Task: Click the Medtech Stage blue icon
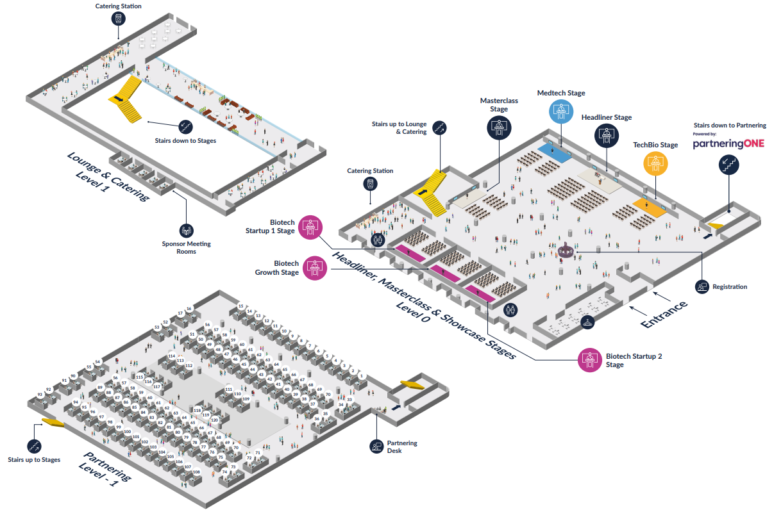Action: coord(561,111)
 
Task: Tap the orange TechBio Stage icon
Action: coord(656,163)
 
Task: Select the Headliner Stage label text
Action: coord(606,117)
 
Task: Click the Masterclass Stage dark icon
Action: coord(499,126)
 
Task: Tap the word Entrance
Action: coord(665,313)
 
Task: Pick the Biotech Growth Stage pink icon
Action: coord(314,267)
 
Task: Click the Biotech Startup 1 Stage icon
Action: coord(310,227)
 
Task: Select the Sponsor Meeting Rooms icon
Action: coord(187,231)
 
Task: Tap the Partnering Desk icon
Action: coord(376,447)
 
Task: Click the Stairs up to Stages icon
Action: coord(34,446)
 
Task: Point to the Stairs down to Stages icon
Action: coord(186,127)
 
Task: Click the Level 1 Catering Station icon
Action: coord(117,19)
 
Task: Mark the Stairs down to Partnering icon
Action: coord(728,165)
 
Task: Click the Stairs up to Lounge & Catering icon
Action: coord(439,128)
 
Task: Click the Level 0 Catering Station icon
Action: coord(370,184)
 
